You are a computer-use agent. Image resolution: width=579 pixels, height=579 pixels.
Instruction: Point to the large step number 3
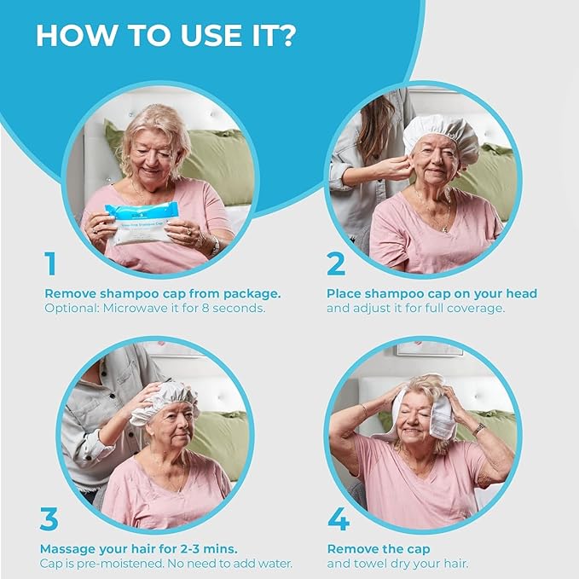(x=50, y=519)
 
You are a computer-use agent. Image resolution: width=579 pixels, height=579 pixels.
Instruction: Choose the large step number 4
(x=338, y=519)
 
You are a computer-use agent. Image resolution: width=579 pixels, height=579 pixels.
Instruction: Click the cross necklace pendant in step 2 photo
(x=447, y=229)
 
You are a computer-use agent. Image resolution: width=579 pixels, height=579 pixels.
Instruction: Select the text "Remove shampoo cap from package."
(x=162, y=293)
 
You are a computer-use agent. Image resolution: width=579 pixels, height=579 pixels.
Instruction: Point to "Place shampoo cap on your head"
(x=431, y=293)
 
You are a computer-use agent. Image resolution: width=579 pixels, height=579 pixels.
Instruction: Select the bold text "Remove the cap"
(x=379, y=549)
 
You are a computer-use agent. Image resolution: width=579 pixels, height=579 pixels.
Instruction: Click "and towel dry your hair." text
(x=398, y=564)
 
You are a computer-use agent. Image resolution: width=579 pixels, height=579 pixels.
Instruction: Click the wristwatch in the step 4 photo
(x=479, y=429)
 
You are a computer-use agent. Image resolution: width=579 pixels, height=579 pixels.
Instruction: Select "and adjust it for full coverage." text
(x=415, y=308)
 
